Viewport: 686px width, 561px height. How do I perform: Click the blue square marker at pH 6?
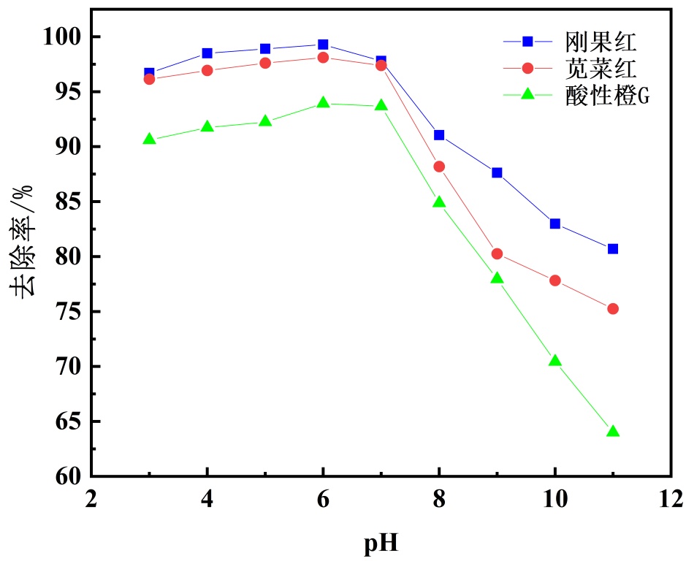[x=323, y=45]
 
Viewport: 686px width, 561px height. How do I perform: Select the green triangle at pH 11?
[x=613, y=431]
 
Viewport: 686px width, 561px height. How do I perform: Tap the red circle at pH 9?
[x=497, y=253]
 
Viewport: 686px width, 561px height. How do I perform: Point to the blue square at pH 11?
[x=613, y=248]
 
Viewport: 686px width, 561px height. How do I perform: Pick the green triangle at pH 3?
[x=149, y=139]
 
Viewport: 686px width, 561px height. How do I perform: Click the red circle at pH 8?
[x=439, y=167]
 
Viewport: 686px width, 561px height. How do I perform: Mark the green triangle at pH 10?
[x=554, y=361]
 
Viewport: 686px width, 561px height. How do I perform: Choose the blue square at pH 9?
[x=497, y=172]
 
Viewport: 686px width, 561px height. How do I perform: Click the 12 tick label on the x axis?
[x=670, y=500]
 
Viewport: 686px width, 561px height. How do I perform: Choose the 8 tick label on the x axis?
[x=439, y=500]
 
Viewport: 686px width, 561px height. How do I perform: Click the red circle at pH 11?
[x=613, y=309]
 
